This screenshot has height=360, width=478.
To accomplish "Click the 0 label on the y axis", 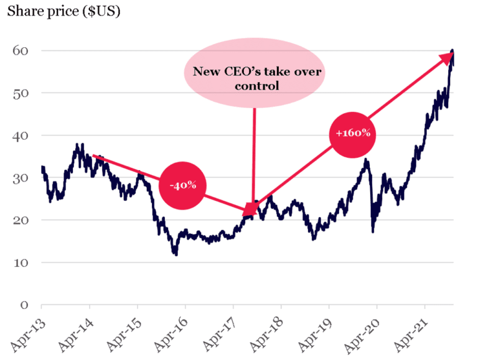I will (23, 305).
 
